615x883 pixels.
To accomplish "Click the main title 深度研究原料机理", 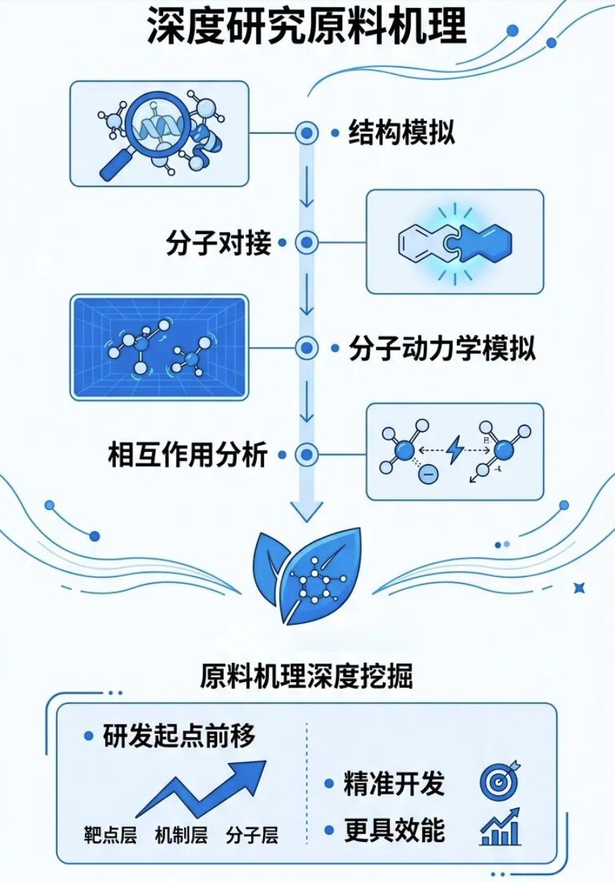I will click(307, 27).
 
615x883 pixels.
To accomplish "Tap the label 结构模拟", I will click(401, 132).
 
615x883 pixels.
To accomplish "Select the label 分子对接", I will click(218, 243).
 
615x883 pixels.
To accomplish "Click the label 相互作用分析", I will click(188, 454).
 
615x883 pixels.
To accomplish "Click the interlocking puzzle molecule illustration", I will click(455, 242).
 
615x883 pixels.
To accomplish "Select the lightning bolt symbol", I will click(455, 452).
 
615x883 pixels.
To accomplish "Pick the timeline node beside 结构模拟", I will click(307, 132).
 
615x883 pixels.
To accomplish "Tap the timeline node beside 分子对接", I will click(307, 243).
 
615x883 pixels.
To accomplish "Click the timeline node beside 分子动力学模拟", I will click(307, 348).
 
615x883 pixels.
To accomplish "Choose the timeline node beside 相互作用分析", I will click(307, 454).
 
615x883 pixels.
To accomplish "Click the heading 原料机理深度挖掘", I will click(307, 677).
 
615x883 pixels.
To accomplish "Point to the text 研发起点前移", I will click(179, 736).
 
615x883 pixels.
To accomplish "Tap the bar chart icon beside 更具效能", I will click(500, 828).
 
